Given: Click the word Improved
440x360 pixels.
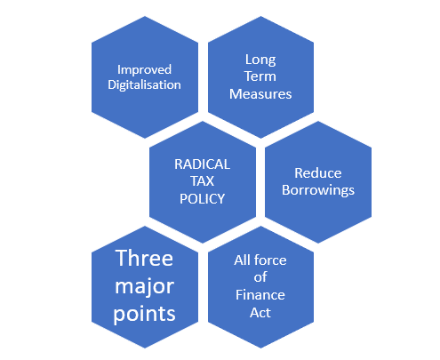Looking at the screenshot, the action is [x=144, y=70].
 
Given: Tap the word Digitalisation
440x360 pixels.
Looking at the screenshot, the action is [x=144, y=85].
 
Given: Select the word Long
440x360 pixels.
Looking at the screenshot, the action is [x=260, y=60].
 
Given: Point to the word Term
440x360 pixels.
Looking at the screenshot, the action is [x=260, y=76].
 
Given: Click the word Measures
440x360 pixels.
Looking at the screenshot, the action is [x=260, y=94].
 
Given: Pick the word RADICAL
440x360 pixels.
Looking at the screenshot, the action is [x=202, y=164].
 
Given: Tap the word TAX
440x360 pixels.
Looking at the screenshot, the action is [x=202, y=181].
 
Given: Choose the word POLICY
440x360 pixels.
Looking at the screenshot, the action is [x=202, y=199].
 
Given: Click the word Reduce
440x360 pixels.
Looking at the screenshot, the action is [x=318, y=173].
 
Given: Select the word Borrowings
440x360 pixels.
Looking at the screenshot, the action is [x=318, y=190].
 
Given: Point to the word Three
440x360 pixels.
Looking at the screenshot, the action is [x=144, y=258].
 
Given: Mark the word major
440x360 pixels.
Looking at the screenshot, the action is [x=144, y=287].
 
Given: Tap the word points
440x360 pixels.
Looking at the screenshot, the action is [x=144, y=315].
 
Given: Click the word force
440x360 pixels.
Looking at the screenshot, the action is [x=270, y=260].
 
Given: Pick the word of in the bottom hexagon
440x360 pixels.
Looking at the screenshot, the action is [x=260, y=277].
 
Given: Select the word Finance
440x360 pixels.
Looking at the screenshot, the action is [x=260, y=295].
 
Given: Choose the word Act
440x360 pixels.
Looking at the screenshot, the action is [x=260, y=313].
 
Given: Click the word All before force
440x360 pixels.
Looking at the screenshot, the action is [x=243, y=260].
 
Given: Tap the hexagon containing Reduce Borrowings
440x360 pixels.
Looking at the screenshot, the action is [x=318, y=182].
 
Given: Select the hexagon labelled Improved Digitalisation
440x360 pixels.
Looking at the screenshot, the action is [x=145, y=77].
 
